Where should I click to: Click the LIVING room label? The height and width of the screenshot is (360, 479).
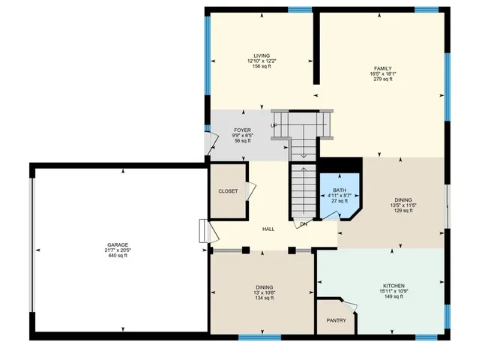(261, 55)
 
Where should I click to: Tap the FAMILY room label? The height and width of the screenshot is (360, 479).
(383, 68)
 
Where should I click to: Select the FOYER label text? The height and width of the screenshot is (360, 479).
(242, 130)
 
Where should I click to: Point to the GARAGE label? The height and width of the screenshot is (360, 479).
(117, 244)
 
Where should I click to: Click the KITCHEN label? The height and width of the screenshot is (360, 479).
(394, 286)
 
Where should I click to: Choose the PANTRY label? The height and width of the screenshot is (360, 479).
(336, 320)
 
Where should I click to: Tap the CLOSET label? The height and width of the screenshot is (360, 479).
(228, 191)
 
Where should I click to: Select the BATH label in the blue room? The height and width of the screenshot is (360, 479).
(340, 190)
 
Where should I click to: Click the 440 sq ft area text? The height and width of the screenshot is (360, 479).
(117, 256)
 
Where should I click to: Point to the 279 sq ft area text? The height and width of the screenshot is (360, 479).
(383, 79)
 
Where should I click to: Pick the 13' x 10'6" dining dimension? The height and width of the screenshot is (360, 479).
(264, 292)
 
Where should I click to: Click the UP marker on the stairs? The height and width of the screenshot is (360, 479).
(274, 125)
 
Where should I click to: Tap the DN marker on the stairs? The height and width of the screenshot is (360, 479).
(304, 224)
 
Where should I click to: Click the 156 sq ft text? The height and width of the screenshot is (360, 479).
(261, 67)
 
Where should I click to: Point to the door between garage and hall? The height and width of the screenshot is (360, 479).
(202, 231)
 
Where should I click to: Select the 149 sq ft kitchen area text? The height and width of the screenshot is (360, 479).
(394, 297)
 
